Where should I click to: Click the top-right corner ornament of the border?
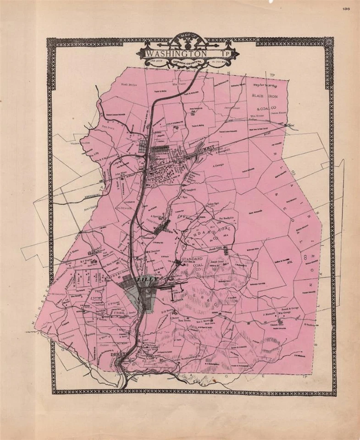[x=329, y=42]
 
